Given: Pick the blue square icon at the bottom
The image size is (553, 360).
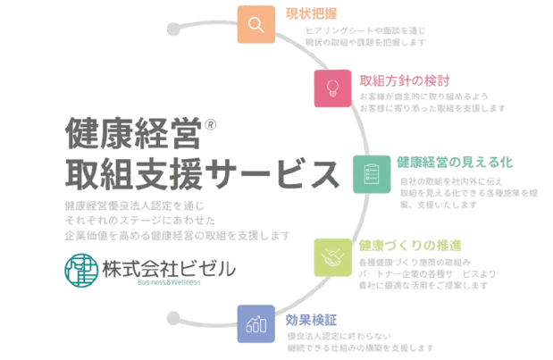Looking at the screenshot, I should [257, 322].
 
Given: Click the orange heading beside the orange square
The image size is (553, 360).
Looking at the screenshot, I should [312, 14].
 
